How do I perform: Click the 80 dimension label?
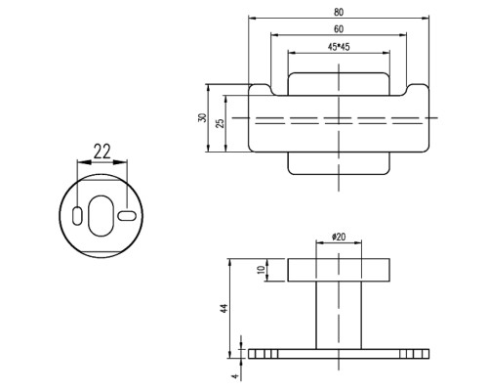(339, 13)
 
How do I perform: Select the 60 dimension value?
(339, 29)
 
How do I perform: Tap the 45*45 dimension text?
(339, 47)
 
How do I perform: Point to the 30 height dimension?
(202, 117)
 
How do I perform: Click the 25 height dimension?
(221, 123)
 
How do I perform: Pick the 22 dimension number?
(102, 152)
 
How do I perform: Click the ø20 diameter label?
(339, 237)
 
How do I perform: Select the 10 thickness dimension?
(261, 270)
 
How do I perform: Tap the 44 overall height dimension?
(224, 308)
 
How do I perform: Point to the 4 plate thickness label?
(235, 376)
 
